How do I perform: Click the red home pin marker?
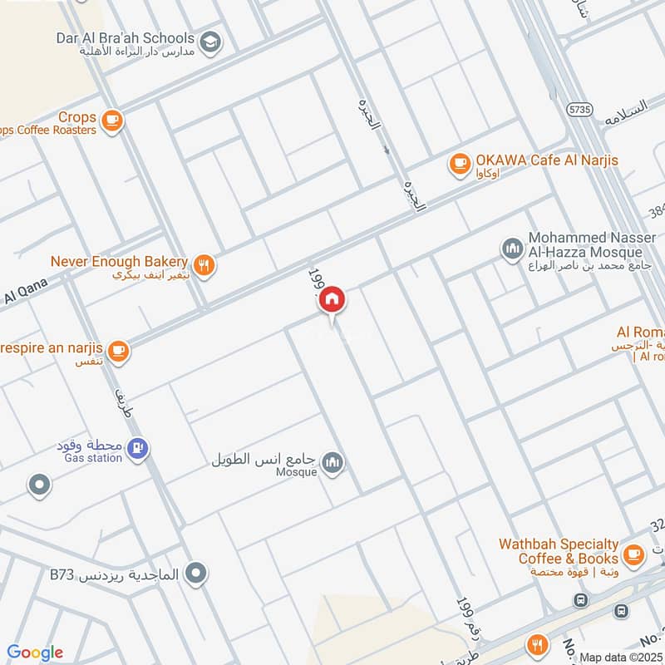(x=332, y=299)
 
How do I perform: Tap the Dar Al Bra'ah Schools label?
(x=138, y=38)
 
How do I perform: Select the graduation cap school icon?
(x=211, y=42)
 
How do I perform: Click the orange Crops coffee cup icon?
(x=112, y=121)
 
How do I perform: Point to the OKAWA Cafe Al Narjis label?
(x=546, y=160)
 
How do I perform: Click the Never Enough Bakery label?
(x=119, y=261)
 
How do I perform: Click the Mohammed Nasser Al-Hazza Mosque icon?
(x=511, y=248)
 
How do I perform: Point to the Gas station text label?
(x=92, y=458)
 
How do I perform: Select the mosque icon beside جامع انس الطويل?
(x=332, y=463)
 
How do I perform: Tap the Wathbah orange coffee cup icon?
(x=633, y=553)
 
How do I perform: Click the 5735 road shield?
(x=579, y=109)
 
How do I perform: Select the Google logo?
(x=35, y=653)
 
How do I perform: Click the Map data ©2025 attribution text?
(x=619, y=658)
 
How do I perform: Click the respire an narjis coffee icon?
(x=118, y=351)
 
